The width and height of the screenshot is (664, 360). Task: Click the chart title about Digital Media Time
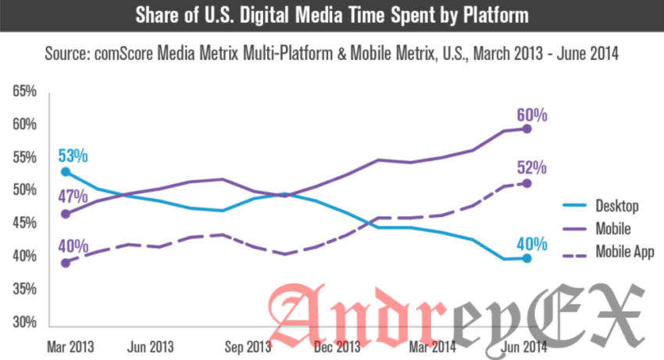click(x=331, y=16)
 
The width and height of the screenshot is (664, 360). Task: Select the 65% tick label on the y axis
click(x=25, y=92)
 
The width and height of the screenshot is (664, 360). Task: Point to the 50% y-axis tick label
click(x=25, y=191)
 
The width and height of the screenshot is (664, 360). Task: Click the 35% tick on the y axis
click(x=25, y=290)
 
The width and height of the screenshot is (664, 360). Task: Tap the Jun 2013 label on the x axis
click(x=149, y=344)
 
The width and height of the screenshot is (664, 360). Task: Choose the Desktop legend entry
click(x=617, y=207)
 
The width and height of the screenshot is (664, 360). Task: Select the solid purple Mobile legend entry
click(x=613, y=229)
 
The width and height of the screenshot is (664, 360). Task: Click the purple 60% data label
click(x=531, y=115)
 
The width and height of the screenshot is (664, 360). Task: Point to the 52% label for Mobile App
click(x=531, y=169)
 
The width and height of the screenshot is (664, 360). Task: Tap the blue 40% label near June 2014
click(x=531, y=241)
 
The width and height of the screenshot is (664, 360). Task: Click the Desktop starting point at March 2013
click(x=65, y=171)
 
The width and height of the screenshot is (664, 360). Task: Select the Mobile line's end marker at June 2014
click(x=528, y=129)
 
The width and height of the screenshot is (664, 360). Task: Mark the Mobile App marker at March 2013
click(x=65, y=263)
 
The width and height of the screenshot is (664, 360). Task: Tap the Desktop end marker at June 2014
click(x=527, y=258)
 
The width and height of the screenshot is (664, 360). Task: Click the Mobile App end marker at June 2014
click(x=528, y=183)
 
